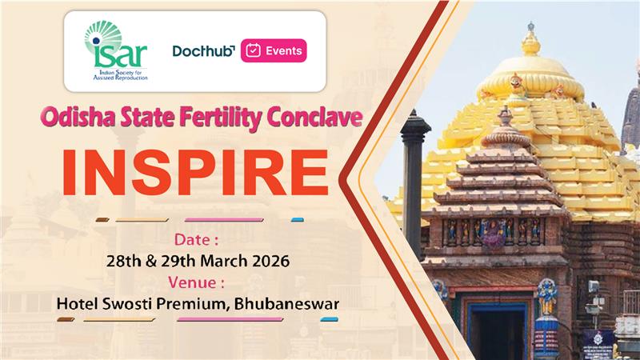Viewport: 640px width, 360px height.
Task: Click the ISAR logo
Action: pos(117,50)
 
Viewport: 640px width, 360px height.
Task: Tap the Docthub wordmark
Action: pos(203,51)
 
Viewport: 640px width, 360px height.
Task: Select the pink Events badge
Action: pos(273,51)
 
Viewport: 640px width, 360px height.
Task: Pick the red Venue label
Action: pos(197,282)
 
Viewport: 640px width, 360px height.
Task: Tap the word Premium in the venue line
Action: pos(197,305)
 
